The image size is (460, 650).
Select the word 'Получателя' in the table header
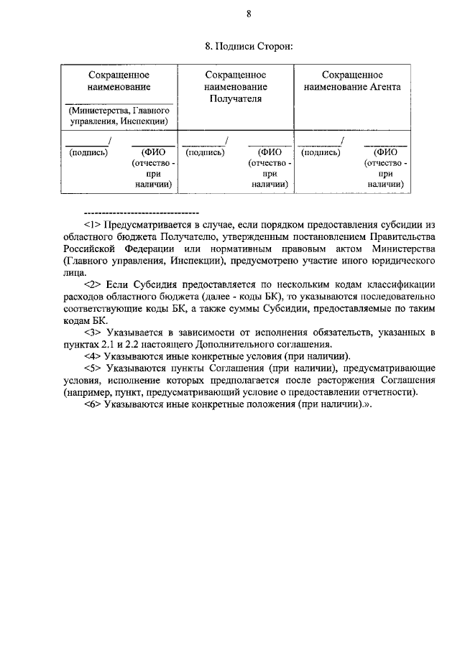(235, 98)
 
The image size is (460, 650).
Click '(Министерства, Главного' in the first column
(119, 111)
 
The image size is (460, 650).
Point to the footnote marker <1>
(93, 224)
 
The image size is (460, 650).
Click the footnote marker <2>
(93, 285)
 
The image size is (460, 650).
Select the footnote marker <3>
(93, 333)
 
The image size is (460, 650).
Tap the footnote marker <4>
(93, 356)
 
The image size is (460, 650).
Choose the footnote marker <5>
(93, 368)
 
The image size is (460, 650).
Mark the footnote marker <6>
(93, 404)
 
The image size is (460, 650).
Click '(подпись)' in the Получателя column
(205, 152)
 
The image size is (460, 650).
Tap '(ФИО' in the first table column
(154, 152)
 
